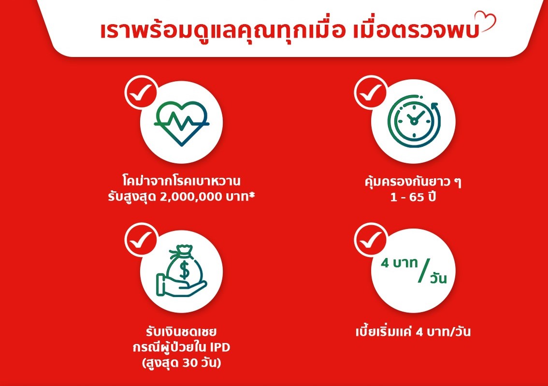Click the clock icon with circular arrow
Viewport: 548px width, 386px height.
pyautogui.click(x=414, y=121)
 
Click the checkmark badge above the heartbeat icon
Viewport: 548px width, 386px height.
pyautogui.click(x=141, y=92)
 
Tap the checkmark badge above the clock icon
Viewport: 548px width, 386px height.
pyautogui.click(x=371, y=92)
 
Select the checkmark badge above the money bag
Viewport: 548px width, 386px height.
pyautogui.click(x=141, y=239)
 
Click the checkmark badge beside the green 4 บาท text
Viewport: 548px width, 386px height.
pyautogui.click(x=371, y=239)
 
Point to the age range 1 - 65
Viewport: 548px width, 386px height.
pyautogui.click(x=407, y=198)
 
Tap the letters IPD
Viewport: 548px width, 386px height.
pyautogui.click(x=220, y=347)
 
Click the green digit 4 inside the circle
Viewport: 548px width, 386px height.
pyautogui.click(x=385, y=263)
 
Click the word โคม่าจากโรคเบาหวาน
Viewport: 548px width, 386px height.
pyautogui.click(x=181, y=181)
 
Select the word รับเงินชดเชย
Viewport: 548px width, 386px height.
pyautogui.click(x=181, y=331)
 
